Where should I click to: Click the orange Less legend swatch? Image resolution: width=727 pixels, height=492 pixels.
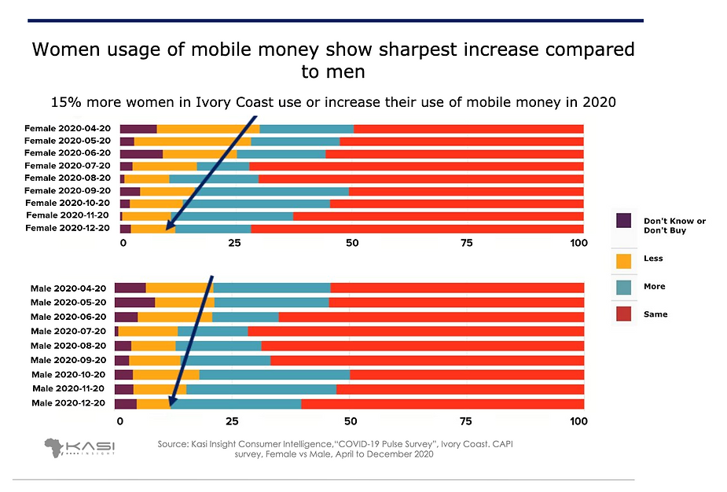[x=623, y=259]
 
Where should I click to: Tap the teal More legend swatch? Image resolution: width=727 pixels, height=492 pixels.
[x=623, y=287]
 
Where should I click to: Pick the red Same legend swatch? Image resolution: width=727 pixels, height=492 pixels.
[x=623, y=314]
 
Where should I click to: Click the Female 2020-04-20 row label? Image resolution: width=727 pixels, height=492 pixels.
[x=68, y=128]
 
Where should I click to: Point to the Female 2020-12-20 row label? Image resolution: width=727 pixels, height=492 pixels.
[x=68, y=228]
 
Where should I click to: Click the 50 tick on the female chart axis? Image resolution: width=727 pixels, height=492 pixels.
[x=351, y=244]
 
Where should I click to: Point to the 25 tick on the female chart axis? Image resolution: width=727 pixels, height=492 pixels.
[x=234, y=244]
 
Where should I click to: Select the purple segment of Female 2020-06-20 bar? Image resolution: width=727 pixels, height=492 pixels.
[x=141, y=153]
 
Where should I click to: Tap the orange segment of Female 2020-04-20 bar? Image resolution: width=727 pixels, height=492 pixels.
[x=208, y=128]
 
